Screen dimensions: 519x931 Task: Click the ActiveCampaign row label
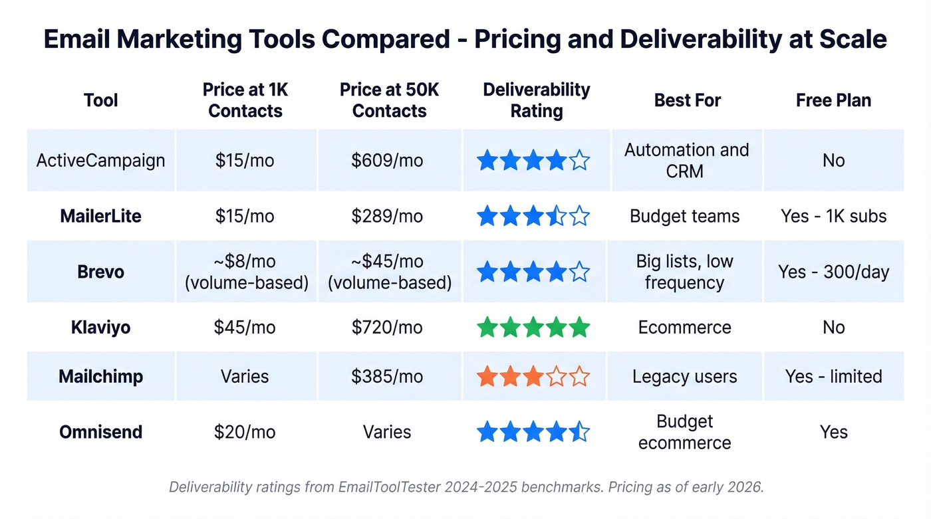coord(100,161)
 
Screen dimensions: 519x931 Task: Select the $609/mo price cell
coord(387,161)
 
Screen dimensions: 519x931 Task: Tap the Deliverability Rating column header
coord(536,100)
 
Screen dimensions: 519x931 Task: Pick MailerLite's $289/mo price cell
coord(387,216)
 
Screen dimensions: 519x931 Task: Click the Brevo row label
coord(100,272)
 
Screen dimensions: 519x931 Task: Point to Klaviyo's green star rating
coord(533,328)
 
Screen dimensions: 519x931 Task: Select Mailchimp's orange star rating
coord(533,377)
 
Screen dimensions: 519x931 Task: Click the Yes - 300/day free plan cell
coord(833,272)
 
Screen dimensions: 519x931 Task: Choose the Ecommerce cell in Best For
coord(684,328)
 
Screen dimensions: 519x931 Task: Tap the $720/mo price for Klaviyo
coord(387,328)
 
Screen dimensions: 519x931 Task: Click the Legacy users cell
coord(684,377)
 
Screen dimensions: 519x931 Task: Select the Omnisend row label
coord(100,432)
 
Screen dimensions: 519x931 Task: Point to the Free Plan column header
coord(833,100)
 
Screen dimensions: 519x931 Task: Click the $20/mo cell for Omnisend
coord(245,432)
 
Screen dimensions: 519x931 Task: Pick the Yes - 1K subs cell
coord(833,216)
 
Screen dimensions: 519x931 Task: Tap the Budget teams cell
coord(684,216)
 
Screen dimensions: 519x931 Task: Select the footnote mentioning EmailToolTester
coord(465,487)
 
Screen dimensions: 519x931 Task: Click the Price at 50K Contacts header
coord(389,100)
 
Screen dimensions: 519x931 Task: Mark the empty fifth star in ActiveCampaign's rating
coord(580,161)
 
